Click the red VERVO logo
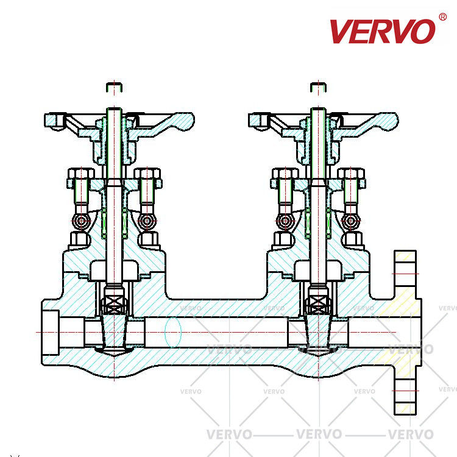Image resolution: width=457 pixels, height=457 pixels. (x=382, y=31)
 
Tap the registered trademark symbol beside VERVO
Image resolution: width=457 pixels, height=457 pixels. (x=442, y=17)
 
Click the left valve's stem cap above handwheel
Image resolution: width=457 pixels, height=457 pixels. (x=115, y=87)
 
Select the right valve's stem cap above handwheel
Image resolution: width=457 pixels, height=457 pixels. (x=318, y=87)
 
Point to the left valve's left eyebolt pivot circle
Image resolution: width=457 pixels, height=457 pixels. (x=81, y=221)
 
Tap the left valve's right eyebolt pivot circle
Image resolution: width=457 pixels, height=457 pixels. (x=147, y=221)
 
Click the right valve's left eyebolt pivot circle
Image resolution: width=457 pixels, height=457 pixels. (x=285, y=221)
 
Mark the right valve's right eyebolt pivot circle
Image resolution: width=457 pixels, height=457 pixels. (x=351, y=221)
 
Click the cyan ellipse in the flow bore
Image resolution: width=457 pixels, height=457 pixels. (x=173, y=332)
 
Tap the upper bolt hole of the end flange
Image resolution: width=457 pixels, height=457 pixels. (x=405, y=274)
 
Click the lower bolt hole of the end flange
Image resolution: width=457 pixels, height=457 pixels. (x=405, y=391)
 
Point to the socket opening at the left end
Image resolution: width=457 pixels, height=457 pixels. (x=51, y=333)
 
